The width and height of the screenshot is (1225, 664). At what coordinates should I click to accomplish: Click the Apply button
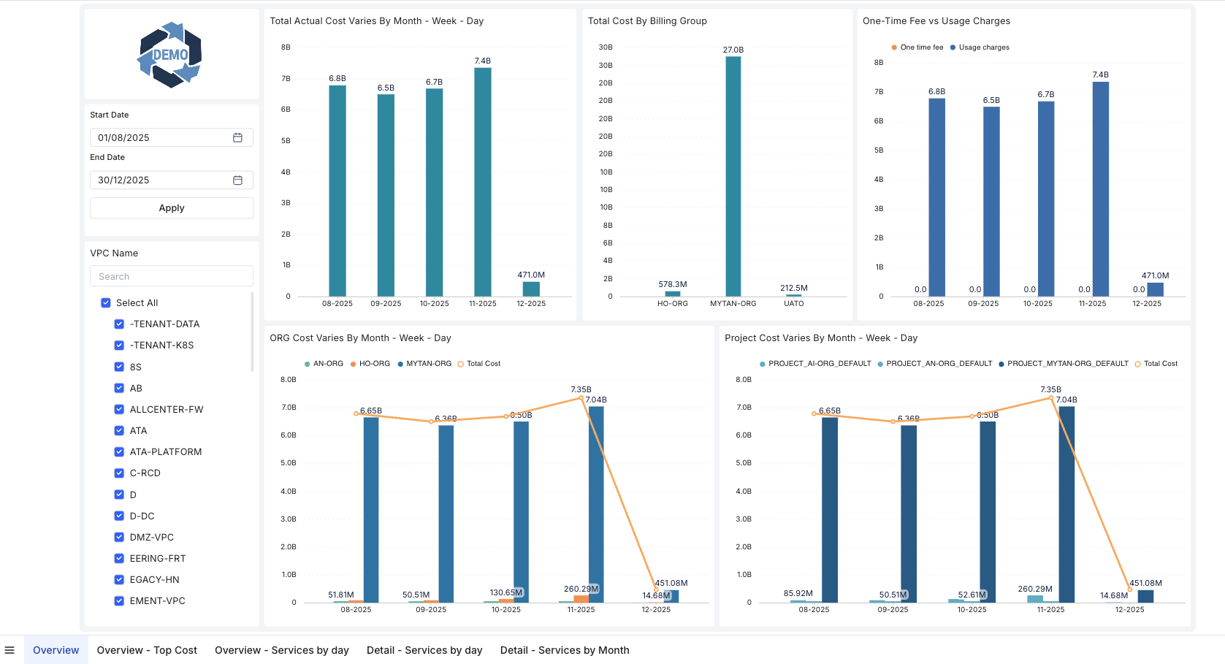point(172,208)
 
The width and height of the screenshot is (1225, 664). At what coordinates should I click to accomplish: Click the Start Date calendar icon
point(237,137)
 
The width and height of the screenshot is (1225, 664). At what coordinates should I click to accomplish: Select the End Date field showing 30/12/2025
point(161,180)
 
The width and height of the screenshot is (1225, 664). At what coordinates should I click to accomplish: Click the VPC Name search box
point(172,276)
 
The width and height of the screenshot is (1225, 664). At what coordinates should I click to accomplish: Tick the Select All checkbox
point(106,302)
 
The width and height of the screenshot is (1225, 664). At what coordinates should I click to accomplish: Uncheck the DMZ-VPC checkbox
point(119,537)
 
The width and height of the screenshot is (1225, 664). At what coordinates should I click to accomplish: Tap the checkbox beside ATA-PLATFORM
point(119,451)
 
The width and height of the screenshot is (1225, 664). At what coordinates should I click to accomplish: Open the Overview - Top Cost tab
point(147,650)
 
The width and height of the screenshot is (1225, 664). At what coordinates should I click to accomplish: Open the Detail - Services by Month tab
point(564,650)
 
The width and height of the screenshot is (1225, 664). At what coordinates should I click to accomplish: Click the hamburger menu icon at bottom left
point(9,650)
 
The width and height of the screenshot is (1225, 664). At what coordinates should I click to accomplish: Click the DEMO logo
point(170,55)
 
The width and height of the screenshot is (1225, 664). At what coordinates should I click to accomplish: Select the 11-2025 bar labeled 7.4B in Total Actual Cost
point(483,183)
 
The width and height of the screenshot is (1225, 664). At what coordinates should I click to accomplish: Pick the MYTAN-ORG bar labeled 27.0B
point(733,175)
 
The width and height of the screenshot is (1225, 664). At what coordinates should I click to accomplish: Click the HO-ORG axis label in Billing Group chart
point(672,304)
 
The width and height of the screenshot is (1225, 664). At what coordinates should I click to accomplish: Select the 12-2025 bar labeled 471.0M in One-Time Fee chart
point(1155,289)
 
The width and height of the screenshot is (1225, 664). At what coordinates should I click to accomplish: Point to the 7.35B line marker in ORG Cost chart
point(581,398)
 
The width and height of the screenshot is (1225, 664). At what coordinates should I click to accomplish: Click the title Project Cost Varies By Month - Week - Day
point(820,338)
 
